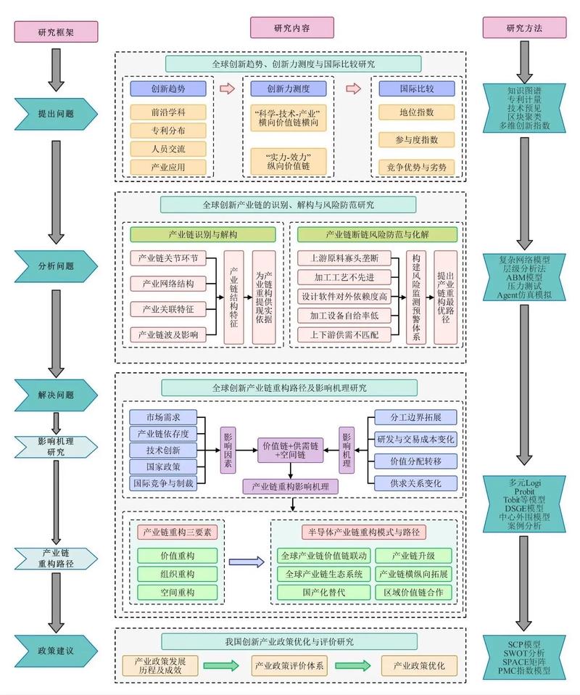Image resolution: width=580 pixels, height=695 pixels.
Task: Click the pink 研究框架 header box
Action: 56,31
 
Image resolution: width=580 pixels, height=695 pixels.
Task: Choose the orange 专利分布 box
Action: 168,131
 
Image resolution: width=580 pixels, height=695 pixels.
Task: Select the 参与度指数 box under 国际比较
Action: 417,139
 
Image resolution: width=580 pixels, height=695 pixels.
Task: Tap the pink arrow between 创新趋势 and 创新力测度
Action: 228,89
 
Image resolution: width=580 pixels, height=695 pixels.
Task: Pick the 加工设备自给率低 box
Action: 344,316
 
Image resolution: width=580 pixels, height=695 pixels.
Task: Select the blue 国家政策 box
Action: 163,466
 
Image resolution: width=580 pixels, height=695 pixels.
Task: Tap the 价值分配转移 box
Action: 416,461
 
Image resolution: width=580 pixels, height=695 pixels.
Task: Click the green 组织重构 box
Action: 178,574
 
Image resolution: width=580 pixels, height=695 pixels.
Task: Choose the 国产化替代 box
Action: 324,592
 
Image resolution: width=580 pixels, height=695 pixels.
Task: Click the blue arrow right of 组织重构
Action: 246,562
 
